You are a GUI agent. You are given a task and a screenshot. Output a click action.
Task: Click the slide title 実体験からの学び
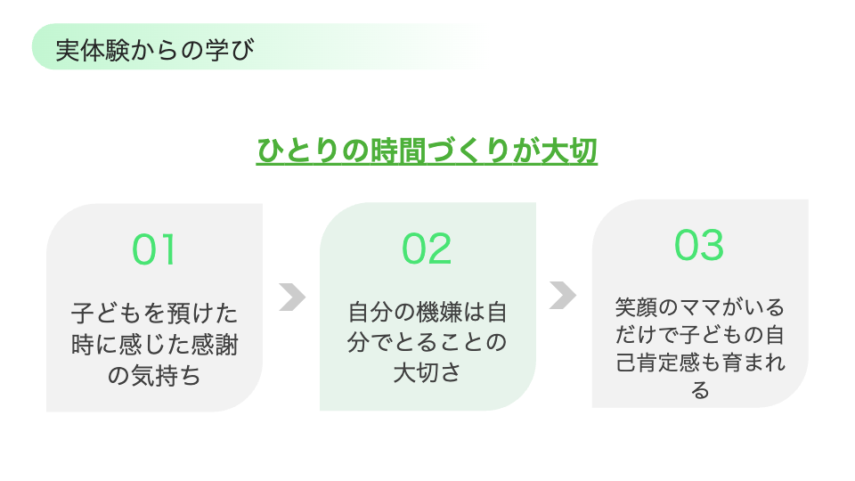155,50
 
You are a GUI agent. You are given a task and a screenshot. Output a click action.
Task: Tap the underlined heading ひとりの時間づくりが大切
427,151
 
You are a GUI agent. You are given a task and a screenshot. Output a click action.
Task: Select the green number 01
154,249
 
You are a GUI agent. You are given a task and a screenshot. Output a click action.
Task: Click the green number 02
427,249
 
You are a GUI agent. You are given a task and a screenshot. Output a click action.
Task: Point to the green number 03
699,245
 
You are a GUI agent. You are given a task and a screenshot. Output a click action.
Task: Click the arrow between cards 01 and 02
292,298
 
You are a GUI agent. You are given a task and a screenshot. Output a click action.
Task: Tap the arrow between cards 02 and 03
563,296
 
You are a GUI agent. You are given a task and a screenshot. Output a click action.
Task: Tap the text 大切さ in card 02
427,373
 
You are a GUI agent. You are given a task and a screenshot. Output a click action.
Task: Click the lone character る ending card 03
700,390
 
